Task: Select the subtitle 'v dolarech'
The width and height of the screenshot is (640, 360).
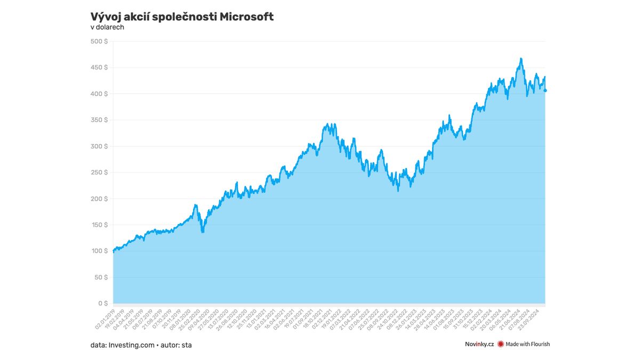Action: pyautogui.click(x=107, y=27)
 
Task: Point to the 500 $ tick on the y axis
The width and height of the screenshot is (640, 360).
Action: pyautogui.click(x=99, y=42)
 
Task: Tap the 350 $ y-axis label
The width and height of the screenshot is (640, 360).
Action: pyautogui.click(x=99, y=120)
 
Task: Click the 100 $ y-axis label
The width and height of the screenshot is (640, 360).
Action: pyautogui.click(x=99, y=251)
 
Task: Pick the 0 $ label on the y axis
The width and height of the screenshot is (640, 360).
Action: pyautogui.click(x=103, y=303)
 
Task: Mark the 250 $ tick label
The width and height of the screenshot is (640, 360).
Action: pyautogui.click(x=99, y=172)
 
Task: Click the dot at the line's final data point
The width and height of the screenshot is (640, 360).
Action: pyautogui.click(x=545, y=91)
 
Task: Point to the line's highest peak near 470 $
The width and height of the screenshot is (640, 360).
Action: pyautogui.click(x=521, y=59)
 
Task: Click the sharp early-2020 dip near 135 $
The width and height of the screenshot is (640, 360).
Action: pyautogui.click(x=202, y=232)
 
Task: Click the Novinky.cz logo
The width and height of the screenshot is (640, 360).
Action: pyautogui.click(x=479, y=345)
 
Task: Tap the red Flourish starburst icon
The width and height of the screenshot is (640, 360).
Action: pyautogui.click(x=500, y=345)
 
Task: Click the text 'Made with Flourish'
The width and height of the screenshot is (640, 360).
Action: pyautogui.click(x=527, y=345)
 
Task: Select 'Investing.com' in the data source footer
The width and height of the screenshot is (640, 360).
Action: pyautogui.click(x=130, y=345)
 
